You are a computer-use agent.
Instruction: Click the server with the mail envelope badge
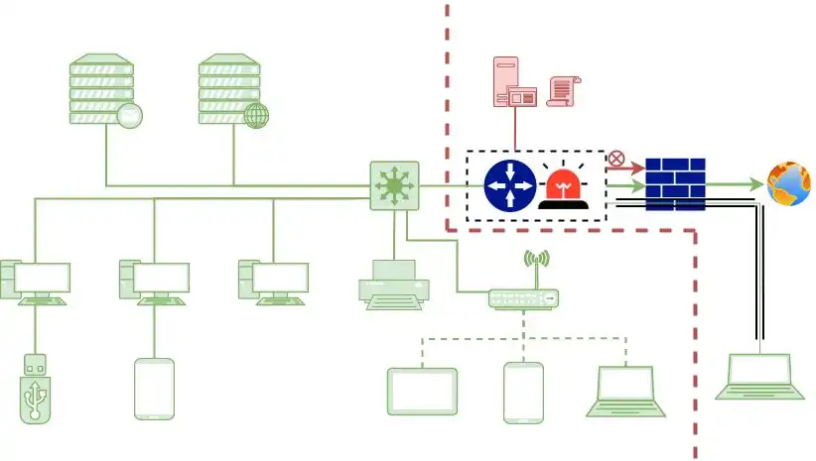102,90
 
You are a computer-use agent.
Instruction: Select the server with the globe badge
231,90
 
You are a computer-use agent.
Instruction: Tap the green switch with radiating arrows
394,185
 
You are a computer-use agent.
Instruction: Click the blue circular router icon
510,185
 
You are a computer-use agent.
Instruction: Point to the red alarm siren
562,188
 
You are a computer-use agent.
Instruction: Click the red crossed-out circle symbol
616,158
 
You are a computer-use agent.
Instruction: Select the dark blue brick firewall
675,184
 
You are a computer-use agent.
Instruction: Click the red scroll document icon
563,91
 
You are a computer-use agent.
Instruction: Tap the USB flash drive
35,389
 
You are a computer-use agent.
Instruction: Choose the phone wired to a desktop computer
154,389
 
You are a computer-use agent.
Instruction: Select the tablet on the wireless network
422,392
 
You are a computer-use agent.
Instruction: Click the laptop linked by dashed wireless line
625,391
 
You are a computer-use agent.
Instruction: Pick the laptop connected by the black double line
759,377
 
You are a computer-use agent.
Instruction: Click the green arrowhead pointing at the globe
755,184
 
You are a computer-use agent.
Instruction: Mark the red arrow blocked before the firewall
631,168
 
